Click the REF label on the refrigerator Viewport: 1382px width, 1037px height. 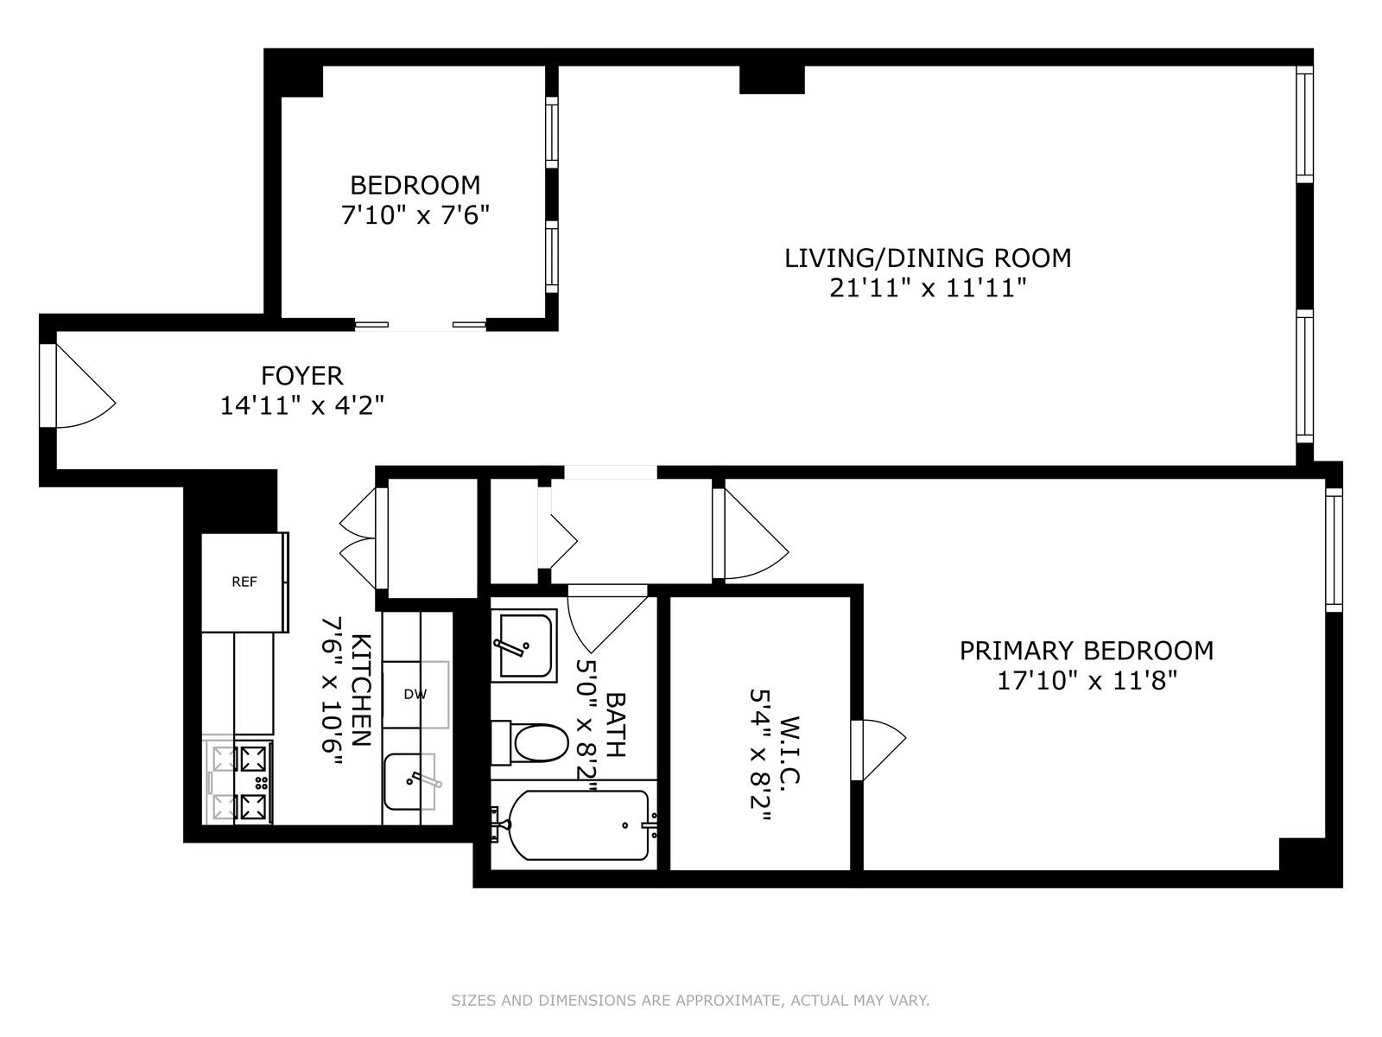click(244, 582)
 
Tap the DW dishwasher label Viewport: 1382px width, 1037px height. click(415, 694)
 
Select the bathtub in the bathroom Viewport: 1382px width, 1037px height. click(577, 825)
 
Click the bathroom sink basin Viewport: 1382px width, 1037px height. click(523, 646)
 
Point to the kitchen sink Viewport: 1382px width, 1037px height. click(409, 781)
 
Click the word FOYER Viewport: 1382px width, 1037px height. click(301, 376)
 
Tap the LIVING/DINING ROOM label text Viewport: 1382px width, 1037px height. click(927, 258)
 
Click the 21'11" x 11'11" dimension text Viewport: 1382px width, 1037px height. click(927, 288)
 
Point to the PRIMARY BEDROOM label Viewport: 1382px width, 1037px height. click(1086, 651)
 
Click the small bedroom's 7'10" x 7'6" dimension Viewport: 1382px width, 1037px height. click(415, 215)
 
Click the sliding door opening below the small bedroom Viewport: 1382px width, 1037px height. click(421, 324)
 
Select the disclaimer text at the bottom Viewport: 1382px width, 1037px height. click(690, 1002)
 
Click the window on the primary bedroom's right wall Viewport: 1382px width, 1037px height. click(1334, 550)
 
